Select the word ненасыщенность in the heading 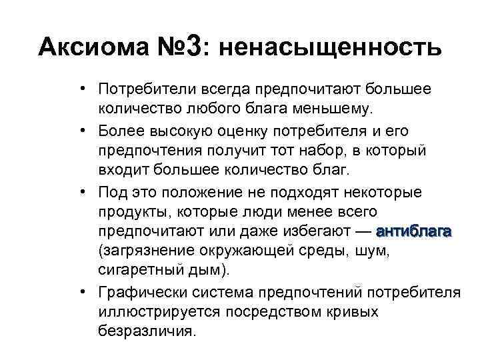329,48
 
